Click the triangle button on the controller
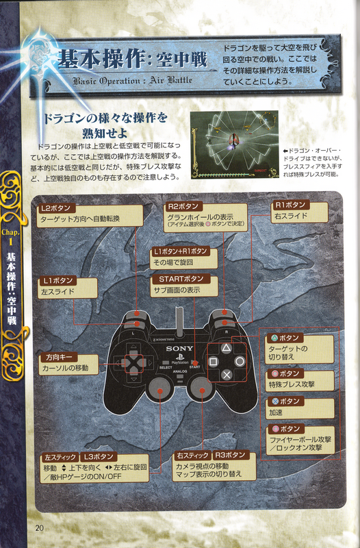(227, 348)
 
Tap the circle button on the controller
(240, 362)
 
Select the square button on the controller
(214, 362)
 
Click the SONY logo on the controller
(179, 348)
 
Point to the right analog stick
(202, 388)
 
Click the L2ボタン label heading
(56, 208)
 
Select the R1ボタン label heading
(291, 205)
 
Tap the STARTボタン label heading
(181, 279)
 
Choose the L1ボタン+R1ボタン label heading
(180, 251)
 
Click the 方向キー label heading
(59, 357)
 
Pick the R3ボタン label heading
(230, 455)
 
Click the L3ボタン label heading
(99, 457)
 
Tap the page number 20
(40, 527)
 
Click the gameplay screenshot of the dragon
(234, 145)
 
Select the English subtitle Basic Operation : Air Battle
(132, 81)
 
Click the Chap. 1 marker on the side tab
(10, 236)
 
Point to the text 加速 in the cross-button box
(276, 412)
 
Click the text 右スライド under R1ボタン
(291, 216)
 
